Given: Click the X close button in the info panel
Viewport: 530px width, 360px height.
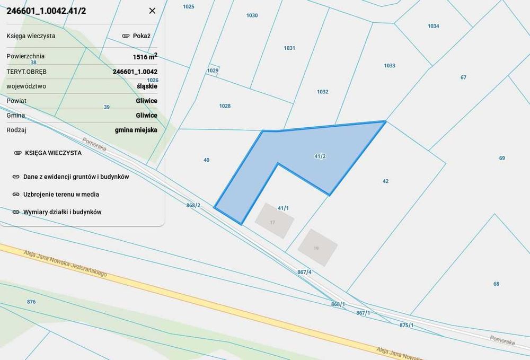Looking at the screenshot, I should click(x=152, y=11).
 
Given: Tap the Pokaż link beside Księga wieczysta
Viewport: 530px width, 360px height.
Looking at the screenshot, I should click(x=137, y=36).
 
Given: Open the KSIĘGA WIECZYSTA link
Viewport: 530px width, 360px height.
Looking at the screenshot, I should click(x=53, y=153).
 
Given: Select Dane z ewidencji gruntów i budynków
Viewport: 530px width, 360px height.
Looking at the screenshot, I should click(x=76, y=177).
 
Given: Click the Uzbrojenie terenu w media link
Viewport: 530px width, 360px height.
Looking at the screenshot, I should click(x=61, y=195).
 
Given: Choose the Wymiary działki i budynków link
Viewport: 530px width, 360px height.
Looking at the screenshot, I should click(x=62, y=212).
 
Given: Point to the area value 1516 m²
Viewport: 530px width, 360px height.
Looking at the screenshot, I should click(x=145, y=56).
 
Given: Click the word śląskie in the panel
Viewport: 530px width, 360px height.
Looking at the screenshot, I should click(x=146, y=86).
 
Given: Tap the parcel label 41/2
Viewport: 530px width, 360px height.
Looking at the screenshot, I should click(x=320, y=156).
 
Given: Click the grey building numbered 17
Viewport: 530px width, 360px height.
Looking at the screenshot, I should click(x=273, y=221).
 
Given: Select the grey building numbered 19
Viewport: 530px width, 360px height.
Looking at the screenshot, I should click(x=317, y=247).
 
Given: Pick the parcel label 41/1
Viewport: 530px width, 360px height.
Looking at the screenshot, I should click(x=283, y=208).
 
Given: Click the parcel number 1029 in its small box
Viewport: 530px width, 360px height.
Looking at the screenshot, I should click(x=213, y=71).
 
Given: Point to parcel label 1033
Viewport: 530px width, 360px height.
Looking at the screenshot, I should click(x=390, y=66).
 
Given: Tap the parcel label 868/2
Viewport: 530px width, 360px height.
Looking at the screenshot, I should click(x=193, y=205).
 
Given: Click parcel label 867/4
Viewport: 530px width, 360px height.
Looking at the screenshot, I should click(x=304, y=272).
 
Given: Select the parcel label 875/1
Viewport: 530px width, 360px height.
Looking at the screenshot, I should click(x=407, y=325).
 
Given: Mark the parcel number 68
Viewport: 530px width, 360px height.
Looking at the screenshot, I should click(x=496, y=284).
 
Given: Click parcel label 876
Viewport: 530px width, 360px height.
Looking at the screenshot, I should click(x=31, y=302).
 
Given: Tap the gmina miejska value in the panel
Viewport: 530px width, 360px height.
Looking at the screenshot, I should click(x=136, y=129).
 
